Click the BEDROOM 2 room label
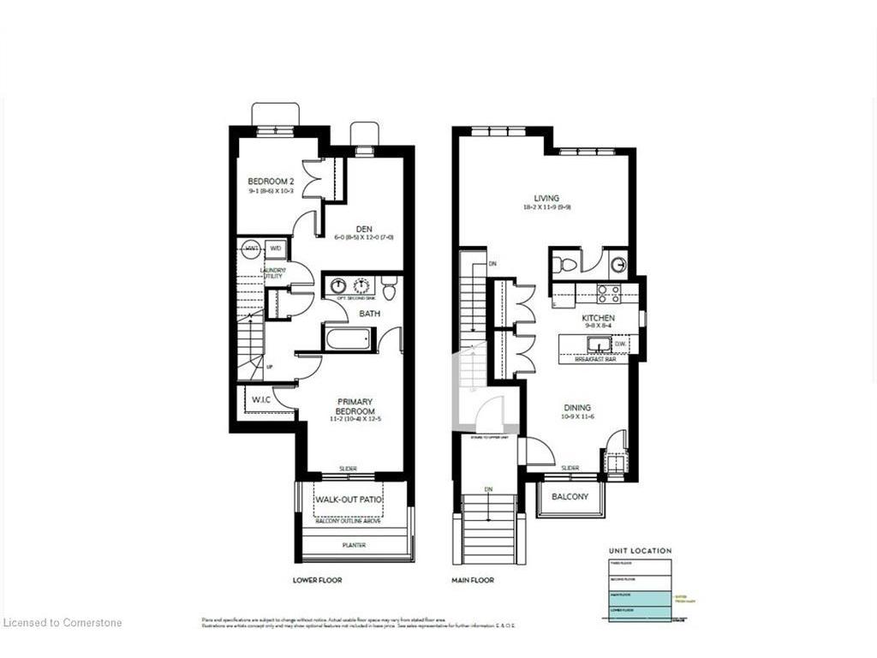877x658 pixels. point(271,181)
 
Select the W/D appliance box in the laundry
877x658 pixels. point(276,248)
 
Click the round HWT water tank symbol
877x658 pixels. point(251,248)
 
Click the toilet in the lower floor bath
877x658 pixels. point(389,289)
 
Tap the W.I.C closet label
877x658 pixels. point(261,398)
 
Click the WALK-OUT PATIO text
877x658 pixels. point(348,499)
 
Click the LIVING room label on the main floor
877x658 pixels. point(546,198)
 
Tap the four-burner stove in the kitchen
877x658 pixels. point(609,294)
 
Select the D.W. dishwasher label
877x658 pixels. point(621,344)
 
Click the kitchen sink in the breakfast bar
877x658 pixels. point(599,344)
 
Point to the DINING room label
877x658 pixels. point(576,408)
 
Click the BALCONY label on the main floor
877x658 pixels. point(570,496)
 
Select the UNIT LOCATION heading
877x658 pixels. point(640,551)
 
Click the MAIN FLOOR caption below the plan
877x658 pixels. point(473,580)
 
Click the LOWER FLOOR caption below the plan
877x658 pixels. point(317,580)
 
